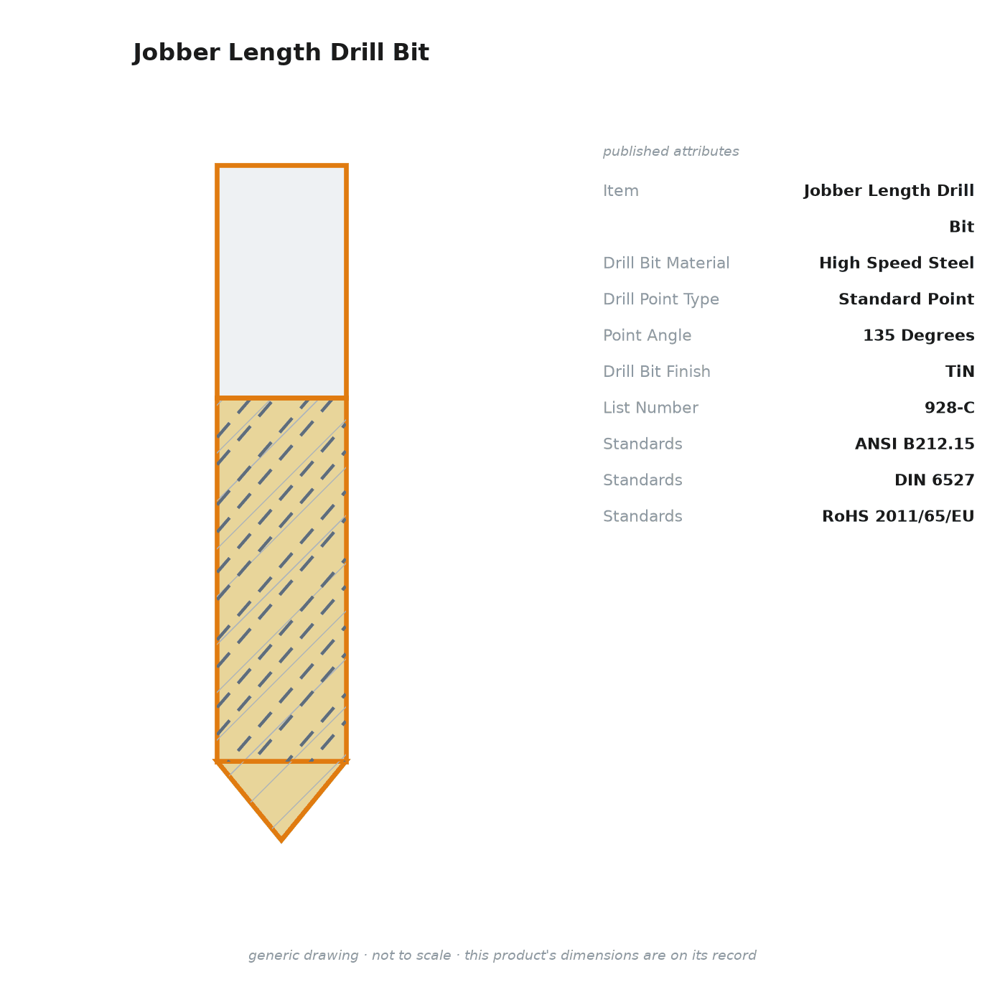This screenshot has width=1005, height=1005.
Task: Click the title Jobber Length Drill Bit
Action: pos(281,52)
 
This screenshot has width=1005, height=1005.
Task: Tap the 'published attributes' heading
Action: pos(670,151)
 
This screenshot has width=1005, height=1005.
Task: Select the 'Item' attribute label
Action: pos(621,190)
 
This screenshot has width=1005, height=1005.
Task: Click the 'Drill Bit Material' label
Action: pos(666,263)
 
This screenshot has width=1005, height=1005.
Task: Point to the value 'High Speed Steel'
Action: pos(896,263)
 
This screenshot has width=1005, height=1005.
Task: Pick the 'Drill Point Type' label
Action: pos(660,299)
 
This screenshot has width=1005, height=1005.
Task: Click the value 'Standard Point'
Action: pos(906,299)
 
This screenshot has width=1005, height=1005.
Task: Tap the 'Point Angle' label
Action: pos(647,335)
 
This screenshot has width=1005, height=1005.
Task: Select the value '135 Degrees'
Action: pos(918,335)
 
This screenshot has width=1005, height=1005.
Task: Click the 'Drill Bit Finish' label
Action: pos(657,371)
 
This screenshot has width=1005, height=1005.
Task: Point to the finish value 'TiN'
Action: pos(960,371)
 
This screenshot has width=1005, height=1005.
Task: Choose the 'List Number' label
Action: pos(650,407)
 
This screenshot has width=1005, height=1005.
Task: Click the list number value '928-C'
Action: pos(949,407)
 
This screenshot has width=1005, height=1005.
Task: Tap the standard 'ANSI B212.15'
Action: pos(915,444)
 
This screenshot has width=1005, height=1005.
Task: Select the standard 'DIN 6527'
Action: pos(934,480)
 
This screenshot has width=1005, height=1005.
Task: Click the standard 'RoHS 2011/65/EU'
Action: pos(897,516)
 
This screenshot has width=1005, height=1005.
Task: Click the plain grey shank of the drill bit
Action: pos(281,281)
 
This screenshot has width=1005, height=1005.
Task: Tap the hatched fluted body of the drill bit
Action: pos(281,579)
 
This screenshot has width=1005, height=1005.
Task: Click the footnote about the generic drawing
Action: pos(502,955)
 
